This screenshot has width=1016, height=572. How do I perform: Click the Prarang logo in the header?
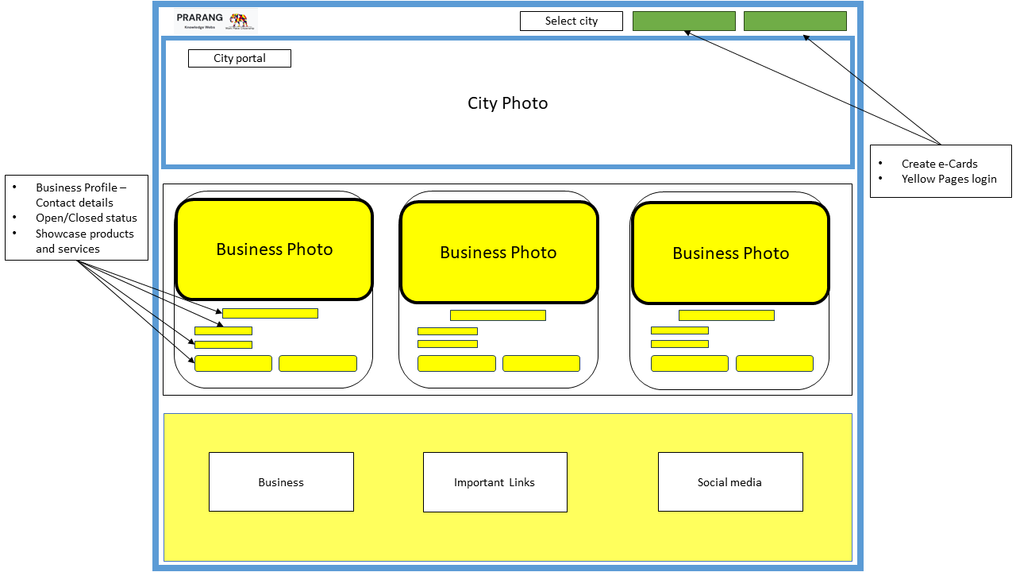[216, 21]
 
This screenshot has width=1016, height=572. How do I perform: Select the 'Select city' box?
[571, 21]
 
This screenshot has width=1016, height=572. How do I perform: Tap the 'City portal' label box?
[239, 58]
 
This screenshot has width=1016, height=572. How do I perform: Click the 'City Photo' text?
[507, 103]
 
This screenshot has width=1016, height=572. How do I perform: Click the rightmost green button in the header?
[795, 21]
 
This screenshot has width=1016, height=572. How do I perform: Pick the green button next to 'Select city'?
[683, 21]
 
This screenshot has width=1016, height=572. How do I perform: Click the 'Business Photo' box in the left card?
[274, 249]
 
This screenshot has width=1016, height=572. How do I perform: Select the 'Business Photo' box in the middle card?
[498, 253]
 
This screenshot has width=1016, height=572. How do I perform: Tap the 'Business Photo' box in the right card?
[730, 253]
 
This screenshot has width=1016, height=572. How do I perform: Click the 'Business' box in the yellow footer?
[281, 482]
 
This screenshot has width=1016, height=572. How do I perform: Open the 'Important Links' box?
[495, 482]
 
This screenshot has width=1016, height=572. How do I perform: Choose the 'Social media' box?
[729, 482]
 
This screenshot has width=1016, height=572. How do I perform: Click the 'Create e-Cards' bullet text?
[939, 164]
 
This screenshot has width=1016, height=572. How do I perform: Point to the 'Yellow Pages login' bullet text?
[949, 179]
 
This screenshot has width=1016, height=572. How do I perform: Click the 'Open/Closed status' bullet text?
[86, 218]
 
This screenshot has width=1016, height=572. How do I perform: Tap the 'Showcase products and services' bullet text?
[84, 241]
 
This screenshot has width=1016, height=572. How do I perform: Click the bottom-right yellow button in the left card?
[317, 364]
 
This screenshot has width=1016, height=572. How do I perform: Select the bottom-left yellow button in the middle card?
[456, 364]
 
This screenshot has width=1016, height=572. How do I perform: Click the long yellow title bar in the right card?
[725, 315]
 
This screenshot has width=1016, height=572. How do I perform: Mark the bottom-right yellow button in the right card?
[774, 364]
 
